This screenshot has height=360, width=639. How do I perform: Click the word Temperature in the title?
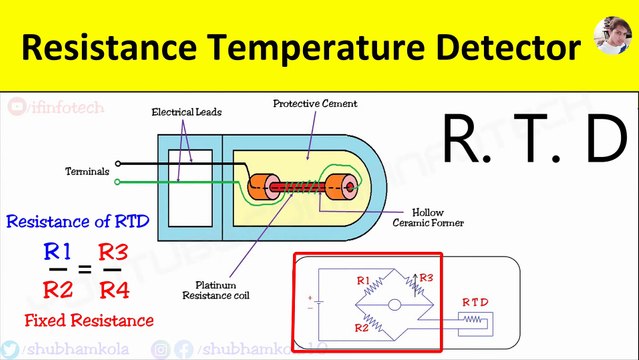coord(329,46)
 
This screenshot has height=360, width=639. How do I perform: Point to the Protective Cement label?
coord(315,103)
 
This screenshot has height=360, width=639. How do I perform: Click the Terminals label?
coord(87,171)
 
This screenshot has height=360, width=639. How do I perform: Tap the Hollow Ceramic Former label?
coord(439,217)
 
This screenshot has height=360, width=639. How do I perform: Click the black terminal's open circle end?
coord(119,163)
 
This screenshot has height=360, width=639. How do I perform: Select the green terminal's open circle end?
coord(119,182)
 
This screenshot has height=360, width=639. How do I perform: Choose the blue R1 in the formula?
coord(59,250)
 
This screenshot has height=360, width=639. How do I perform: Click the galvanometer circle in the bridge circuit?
coord(395,304)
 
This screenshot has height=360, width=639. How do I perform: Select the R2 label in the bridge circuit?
coord(363,326)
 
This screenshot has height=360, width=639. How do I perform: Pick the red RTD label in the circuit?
coord(475,301)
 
